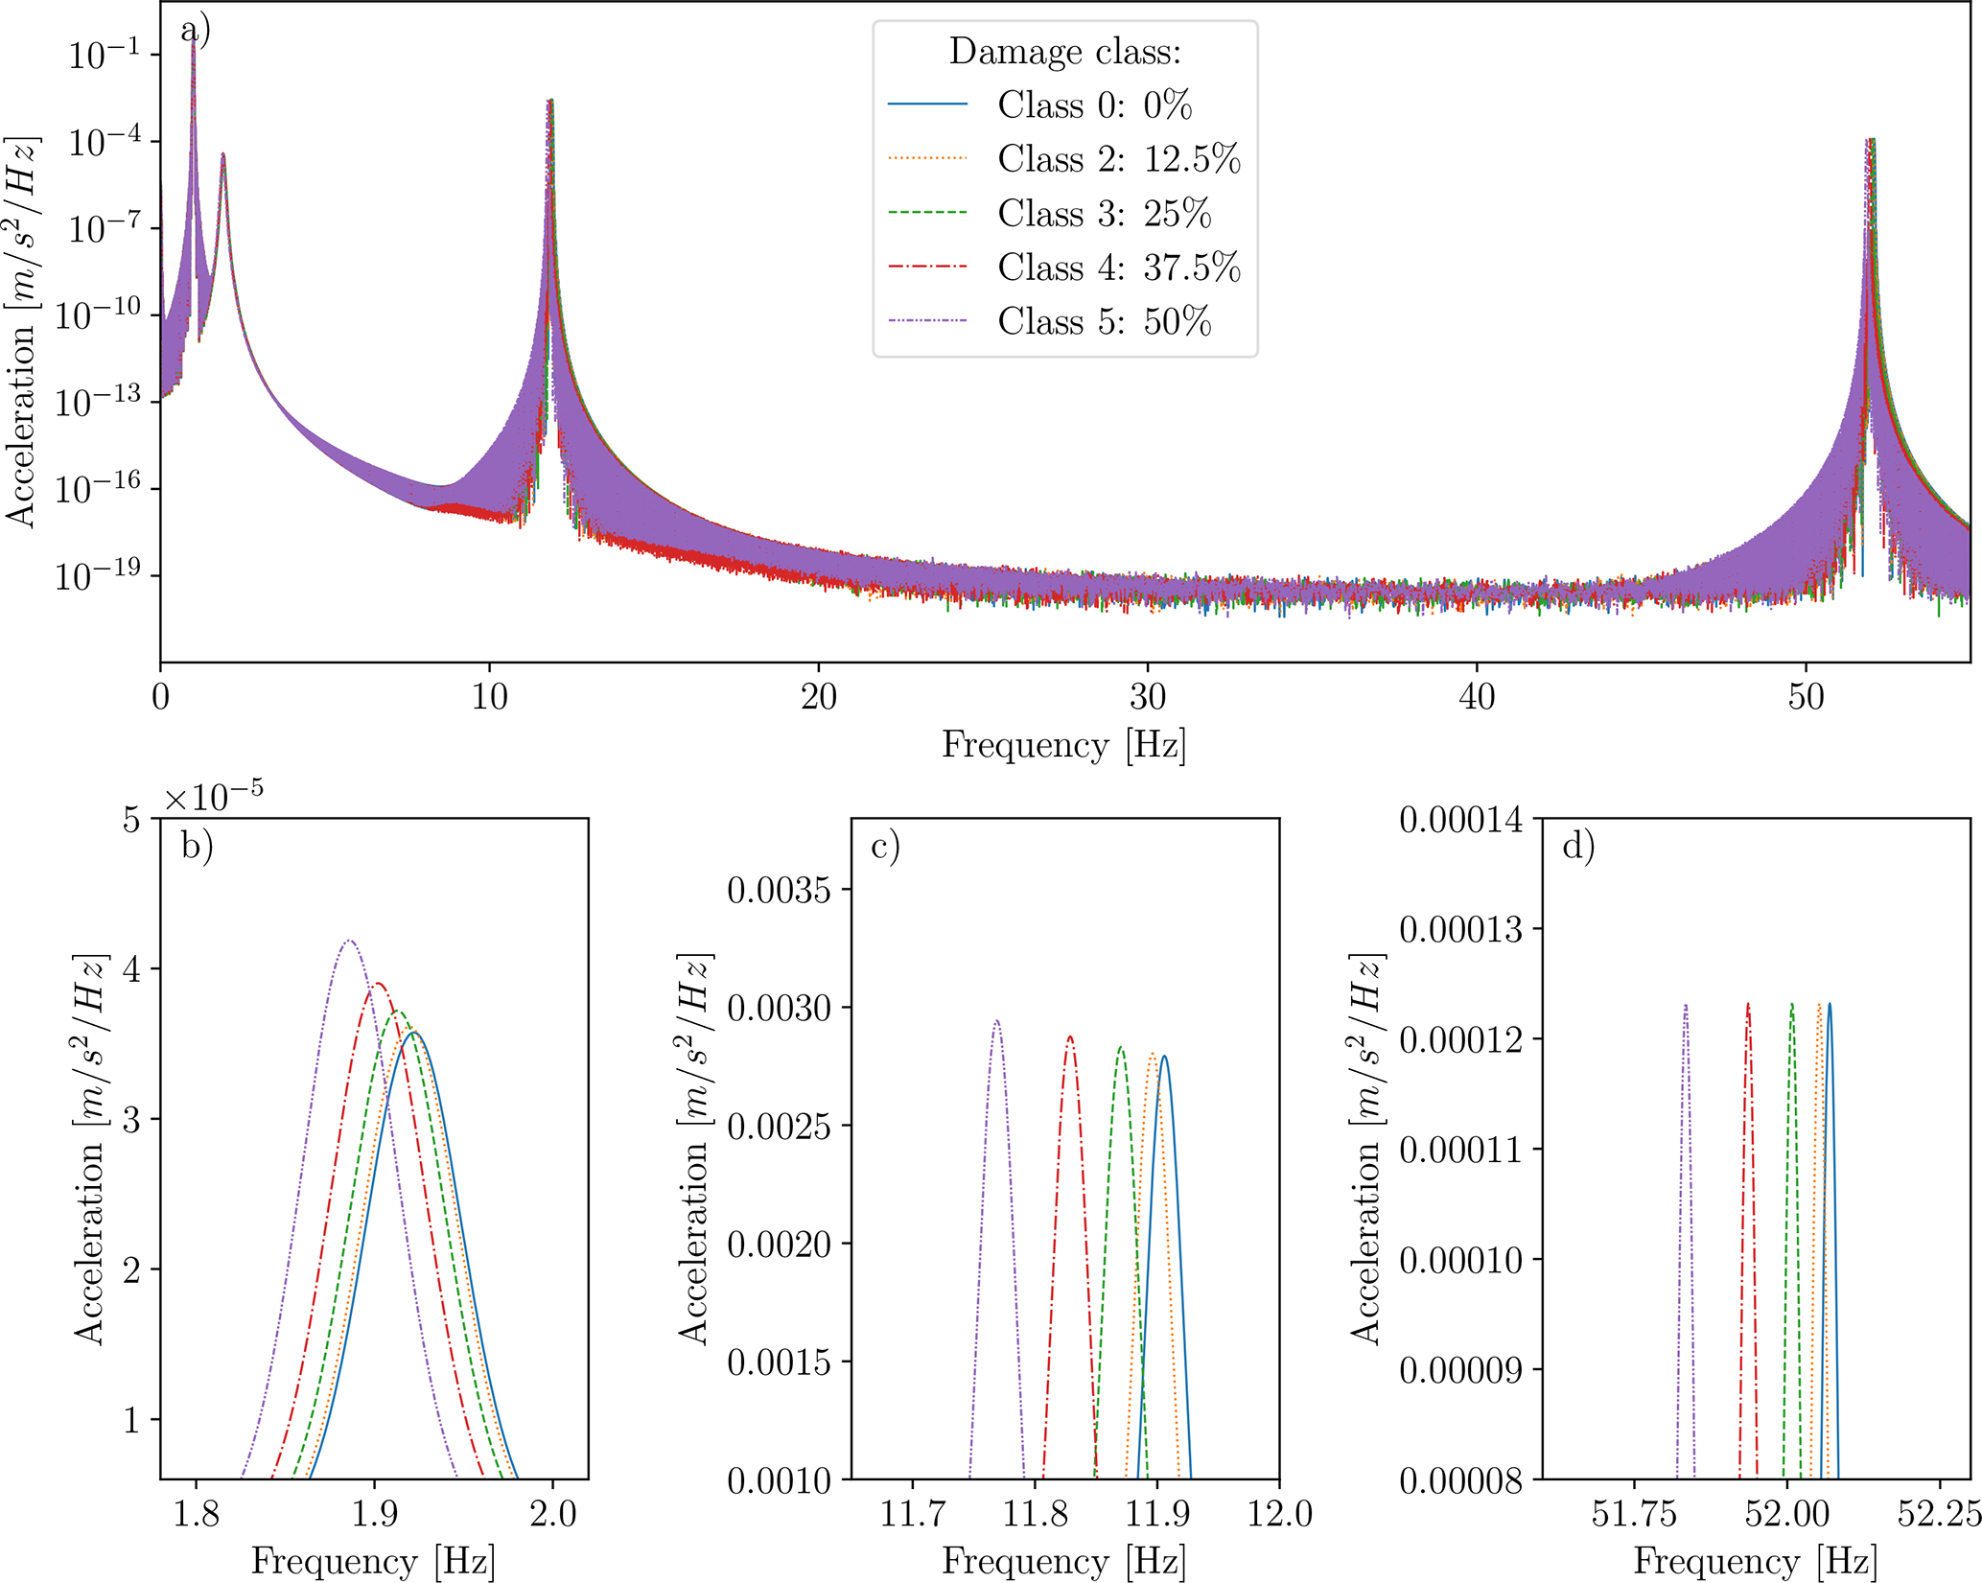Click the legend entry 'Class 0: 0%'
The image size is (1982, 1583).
pos(1094,105)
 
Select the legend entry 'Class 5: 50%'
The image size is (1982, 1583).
pos(1104,321)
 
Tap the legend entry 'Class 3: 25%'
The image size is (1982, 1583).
pos(1104,213)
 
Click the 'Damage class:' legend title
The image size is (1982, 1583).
pos(1064,52)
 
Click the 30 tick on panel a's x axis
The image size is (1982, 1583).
pos(1147,697)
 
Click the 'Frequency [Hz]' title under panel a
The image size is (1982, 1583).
pos(1063,745)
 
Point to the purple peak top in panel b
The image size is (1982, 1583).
pos(350,941)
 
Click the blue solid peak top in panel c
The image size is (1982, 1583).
pos(1164,1057)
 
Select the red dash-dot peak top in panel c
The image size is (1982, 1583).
pos(1069,1036)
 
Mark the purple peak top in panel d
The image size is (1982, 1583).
pos(1685,1005)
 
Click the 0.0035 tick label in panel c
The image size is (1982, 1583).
pos(778,890)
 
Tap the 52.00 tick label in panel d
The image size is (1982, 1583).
pos(1786,1514)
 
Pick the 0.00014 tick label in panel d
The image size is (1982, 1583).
pos(1459,820)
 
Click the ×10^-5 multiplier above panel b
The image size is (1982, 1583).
pos(213,797)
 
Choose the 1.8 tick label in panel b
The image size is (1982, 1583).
pos(196,1514)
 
